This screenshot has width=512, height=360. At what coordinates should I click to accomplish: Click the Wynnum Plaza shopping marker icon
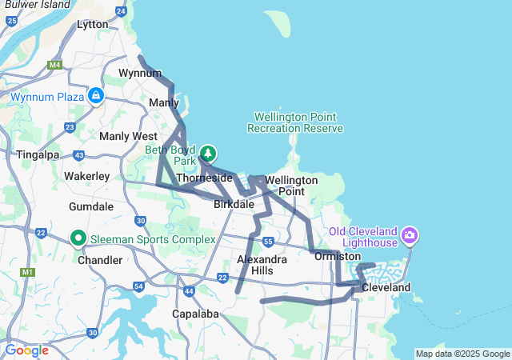[95, 97]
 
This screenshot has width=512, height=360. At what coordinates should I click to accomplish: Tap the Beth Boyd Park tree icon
[208, 152]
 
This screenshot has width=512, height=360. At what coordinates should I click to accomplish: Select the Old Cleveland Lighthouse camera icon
[410, 235]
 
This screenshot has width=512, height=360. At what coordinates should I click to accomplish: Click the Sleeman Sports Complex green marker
[78, 238]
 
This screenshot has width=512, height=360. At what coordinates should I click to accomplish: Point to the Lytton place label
[91, 25]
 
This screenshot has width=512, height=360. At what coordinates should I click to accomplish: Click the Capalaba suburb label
[196, 314]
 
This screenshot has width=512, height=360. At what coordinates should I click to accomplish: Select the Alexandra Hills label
[262, 265]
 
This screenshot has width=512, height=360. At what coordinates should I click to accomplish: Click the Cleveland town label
[386, 287]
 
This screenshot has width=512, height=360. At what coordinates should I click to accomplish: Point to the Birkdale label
[234, 204]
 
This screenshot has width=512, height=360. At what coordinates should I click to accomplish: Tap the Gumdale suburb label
[91, 206]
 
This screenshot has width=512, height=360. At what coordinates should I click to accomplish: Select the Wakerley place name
[86, 175]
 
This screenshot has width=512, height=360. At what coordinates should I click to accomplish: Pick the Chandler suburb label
[100, 260]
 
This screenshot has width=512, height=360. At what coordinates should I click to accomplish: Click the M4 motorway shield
[54, 64]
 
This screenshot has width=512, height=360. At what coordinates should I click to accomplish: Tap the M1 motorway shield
[29, 273]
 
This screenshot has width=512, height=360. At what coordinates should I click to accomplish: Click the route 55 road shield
[268, 241]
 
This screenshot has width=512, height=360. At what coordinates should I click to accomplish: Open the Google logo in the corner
[26, 350]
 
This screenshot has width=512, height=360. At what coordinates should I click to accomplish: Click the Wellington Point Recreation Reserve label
[295, 122]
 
